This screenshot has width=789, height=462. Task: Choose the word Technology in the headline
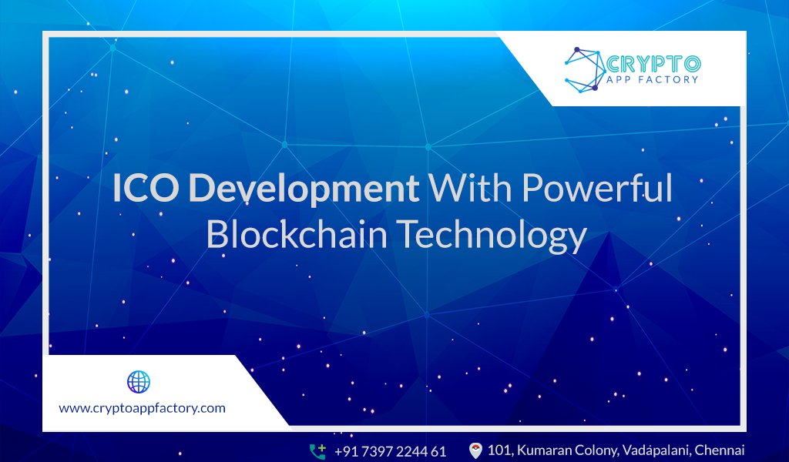492,236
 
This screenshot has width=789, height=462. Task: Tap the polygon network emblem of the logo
584,68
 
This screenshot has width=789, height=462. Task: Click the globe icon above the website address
138,382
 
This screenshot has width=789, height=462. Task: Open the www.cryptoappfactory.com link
143,408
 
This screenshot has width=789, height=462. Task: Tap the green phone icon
317,450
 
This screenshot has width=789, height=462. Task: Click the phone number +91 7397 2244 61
390,450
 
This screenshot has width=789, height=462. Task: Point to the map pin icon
475,450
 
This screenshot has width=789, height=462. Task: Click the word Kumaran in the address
549,450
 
